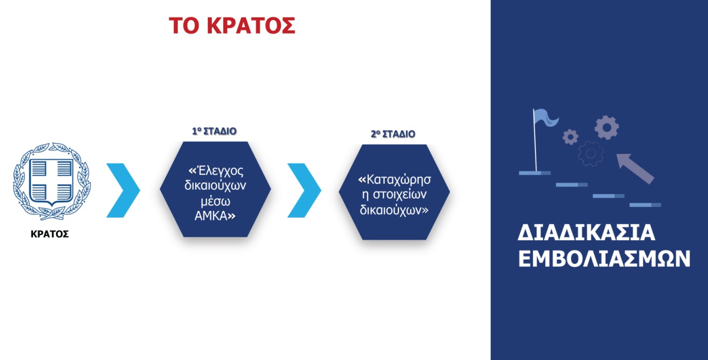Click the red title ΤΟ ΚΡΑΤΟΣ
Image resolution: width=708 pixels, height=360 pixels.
[x=232, y=26]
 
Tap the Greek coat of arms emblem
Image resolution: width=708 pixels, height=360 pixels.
[x=52, y=181]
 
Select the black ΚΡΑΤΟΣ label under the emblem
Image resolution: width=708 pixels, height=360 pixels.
[x=50, y=234]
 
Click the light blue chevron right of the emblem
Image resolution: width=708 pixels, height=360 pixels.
[x=123, y=190]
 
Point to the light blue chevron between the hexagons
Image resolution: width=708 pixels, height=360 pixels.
[x=304, y=190]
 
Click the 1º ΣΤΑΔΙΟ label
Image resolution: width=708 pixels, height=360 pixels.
[x=214, y=131]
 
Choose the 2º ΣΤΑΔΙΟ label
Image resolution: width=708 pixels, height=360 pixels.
[x=393, y=134]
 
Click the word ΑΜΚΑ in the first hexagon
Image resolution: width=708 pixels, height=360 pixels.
[x=211, y=216]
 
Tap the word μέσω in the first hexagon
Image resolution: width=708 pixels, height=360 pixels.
[x=215, y=201]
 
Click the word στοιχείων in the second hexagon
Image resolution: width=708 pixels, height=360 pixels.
[x=399, y=194]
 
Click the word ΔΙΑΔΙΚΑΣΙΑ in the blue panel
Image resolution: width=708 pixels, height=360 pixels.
[x=586, y=232]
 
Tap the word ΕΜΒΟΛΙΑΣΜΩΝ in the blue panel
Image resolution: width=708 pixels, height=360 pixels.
[x=604, y=259]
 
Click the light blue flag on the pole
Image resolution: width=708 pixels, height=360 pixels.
[x=547, y=117]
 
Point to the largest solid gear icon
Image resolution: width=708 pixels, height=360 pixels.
[x=607, y=128]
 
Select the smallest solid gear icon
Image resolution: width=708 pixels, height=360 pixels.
[x=571, y=137]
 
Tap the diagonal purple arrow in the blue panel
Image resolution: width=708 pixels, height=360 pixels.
[x=635, y=169]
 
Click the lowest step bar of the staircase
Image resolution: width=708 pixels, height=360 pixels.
[x=645, y=205]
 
